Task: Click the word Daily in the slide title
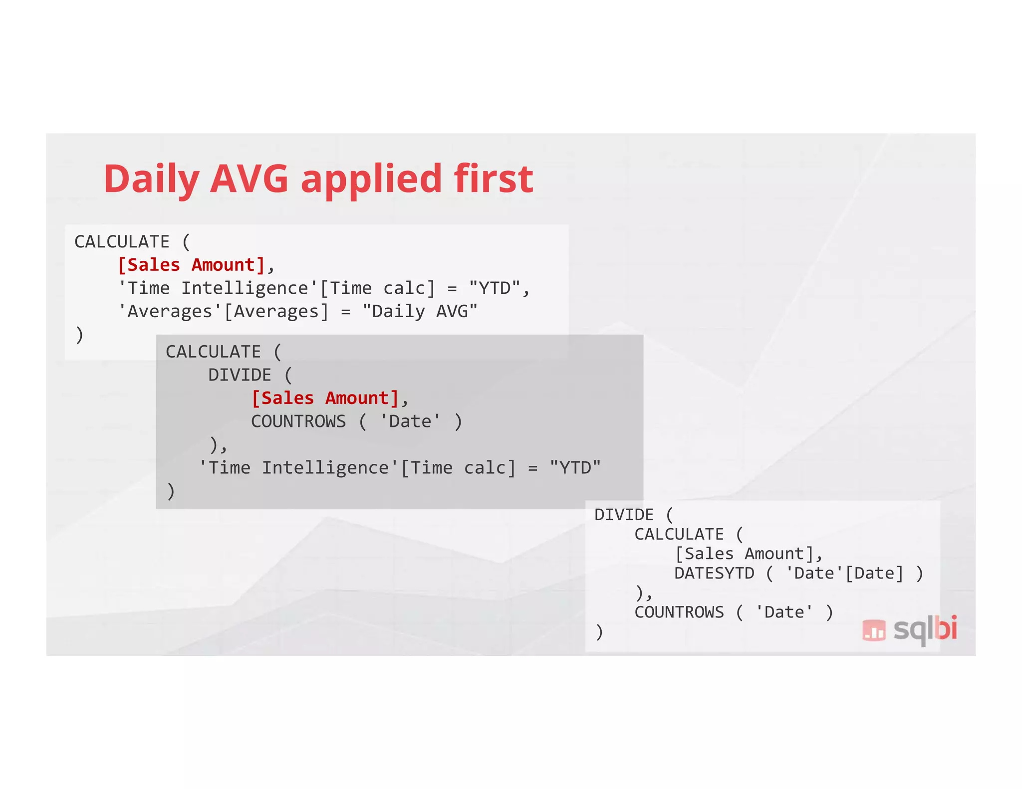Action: [x=151, y=180]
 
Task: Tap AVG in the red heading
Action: [x=249, y=179]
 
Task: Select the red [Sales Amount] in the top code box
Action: [x=191, y=265]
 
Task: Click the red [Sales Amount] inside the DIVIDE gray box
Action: [x=325, y=398]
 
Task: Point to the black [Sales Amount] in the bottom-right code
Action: [x=744, y=554]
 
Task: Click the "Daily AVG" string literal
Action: [x=420, y=311]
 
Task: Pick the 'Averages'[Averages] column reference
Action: [x=223, y=311]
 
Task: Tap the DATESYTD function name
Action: [x=714, y=573]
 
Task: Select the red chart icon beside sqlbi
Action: [x=874, y=630]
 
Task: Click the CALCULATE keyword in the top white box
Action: [x=122, y=242]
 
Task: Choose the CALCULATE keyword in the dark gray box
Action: [x=214, y=352]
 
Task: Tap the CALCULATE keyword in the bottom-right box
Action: [x=679, y=534]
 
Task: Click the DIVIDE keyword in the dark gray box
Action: [x=240, y=375]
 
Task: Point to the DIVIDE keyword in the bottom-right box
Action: [x=624, y=515]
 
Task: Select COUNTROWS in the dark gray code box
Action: [x=298, y=421]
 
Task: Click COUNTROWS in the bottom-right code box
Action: [x=679, y=612]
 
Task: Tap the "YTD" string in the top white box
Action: [x=494, y=288]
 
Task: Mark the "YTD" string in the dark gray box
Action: [x=575, y=468]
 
